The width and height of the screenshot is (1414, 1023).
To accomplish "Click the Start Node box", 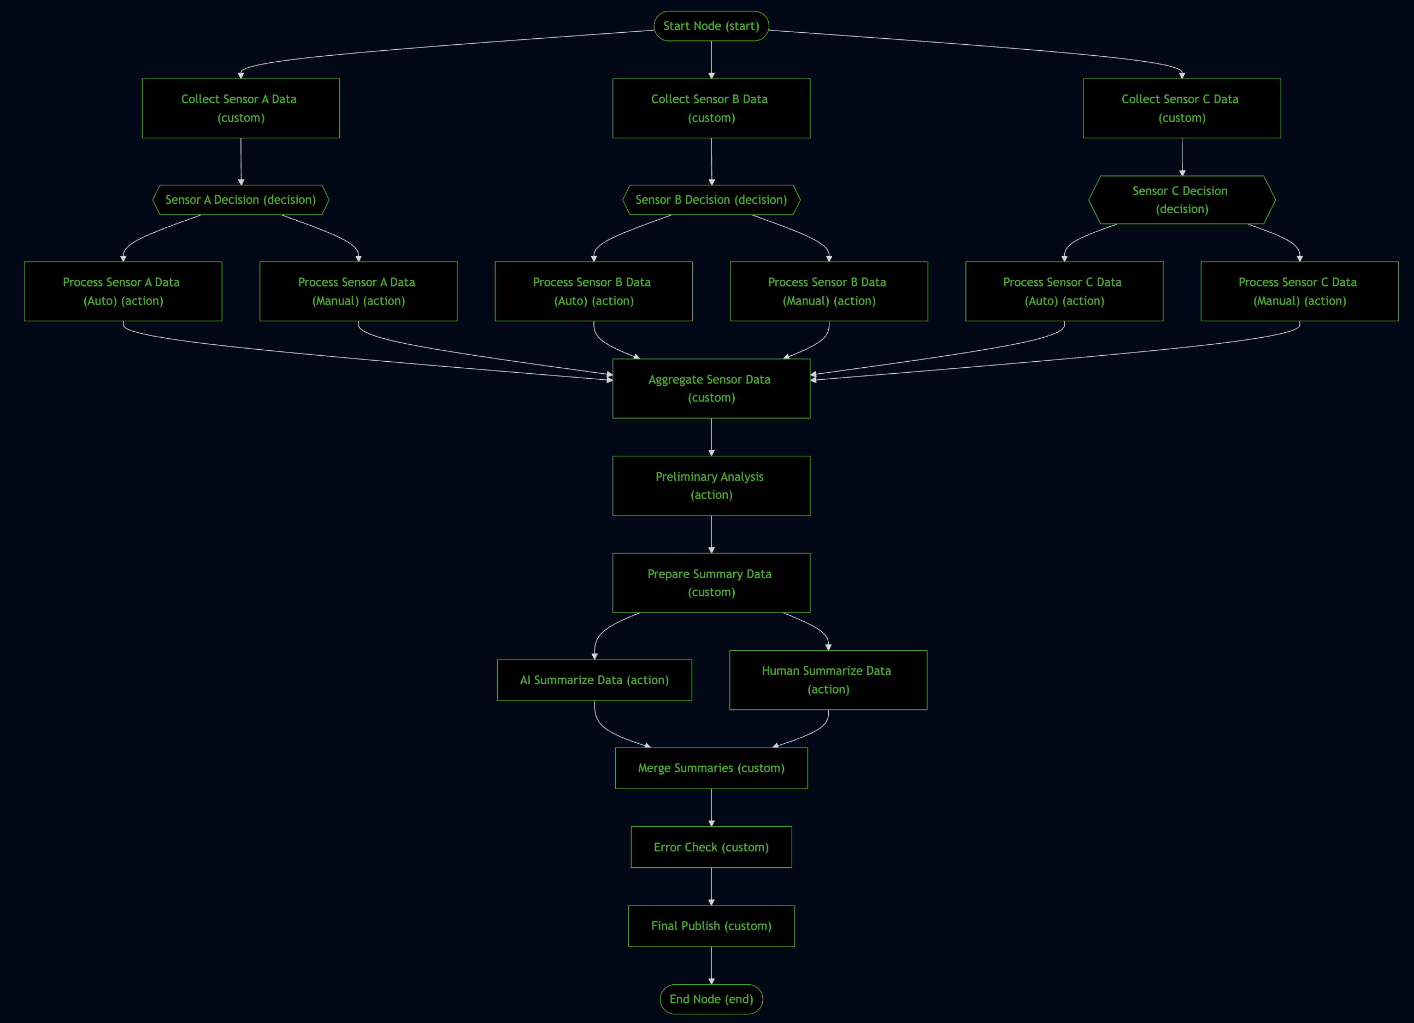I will pyautogui.click(x=711, y=26).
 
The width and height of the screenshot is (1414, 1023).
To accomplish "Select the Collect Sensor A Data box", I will pyautogui.click(x=240, y=108).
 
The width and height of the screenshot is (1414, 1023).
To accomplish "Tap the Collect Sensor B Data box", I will pyautogui.click(x=711, y=108).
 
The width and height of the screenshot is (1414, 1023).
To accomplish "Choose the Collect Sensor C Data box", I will pyautogui.click(x=1181, y=108).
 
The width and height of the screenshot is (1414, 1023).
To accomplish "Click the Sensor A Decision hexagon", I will pyautogui.click(x=240, y=199).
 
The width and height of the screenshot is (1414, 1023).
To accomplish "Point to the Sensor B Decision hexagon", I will pyautogui.click(x=711, y=199).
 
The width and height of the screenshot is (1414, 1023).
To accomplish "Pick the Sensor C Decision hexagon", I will pyautogui.click(x=1181, y=199).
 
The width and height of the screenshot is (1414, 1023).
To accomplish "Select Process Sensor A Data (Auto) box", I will pyautogui.click(x=123, y=291).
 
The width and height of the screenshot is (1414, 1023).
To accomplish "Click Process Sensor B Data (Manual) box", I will pyautogui.click(x=829, y=291).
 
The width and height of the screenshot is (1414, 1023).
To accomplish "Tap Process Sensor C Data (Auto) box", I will pyautogui.click(x=1064, y=291).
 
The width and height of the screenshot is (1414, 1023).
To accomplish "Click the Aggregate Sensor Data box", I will pyautogui.click(x=711, y=389).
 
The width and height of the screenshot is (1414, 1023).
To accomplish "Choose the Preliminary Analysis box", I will pyautogui.click(x=711, y=486).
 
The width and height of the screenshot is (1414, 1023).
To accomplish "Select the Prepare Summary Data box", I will pyautogui.click(x=711, y=583).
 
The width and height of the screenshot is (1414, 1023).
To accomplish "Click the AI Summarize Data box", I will pyautogui.click(x=594, y=679).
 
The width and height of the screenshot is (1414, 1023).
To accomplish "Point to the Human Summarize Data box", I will pyautogui.click(x=828, y=679).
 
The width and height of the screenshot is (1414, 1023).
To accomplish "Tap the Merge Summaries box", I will pyautogui.click(x=711, y=768).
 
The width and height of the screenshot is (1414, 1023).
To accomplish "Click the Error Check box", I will pyautogui.click(x=711, y=846).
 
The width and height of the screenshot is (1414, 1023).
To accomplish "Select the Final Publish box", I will pyautogui.click(x=711, y=926).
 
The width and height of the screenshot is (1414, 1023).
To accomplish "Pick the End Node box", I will pyautogui.click(x=711, y=999).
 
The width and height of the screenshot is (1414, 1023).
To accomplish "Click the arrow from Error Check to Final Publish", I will pyautogui.click(x=711, y=886).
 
